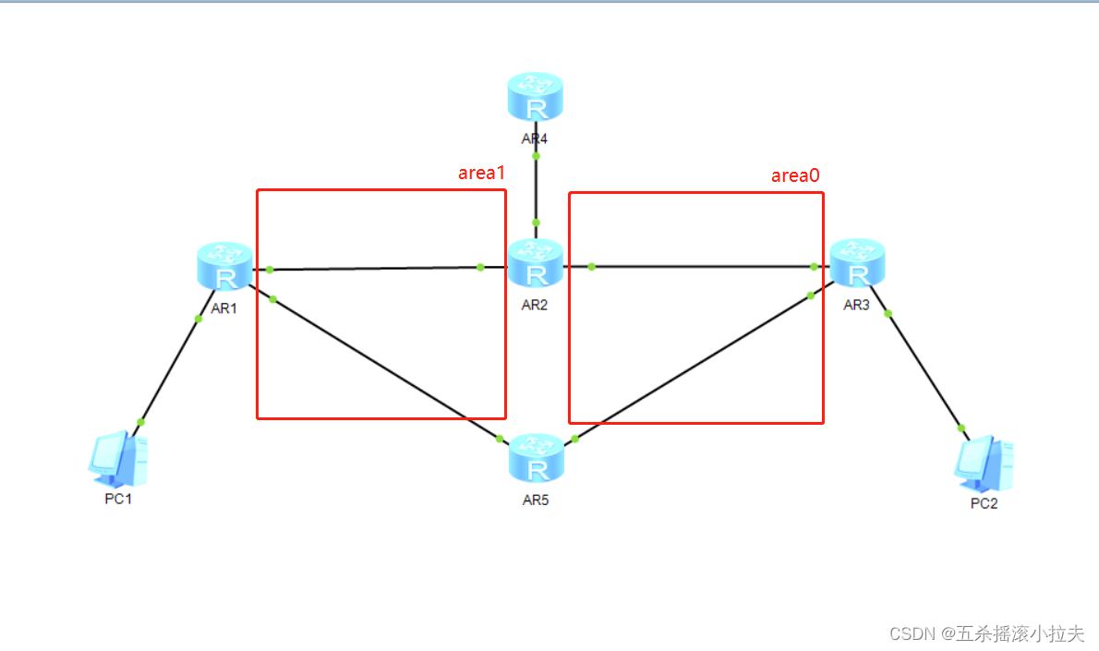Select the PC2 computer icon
984,463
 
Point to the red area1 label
481,174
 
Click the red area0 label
795,175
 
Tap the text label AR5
536,500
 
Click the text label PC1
119,500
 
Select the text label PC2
984,504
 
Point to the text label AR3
856,305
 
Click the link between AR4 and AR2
536,189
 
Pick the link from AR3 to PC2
924,369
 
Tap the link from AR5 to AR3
693,366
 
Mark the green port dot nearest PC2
961,428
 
